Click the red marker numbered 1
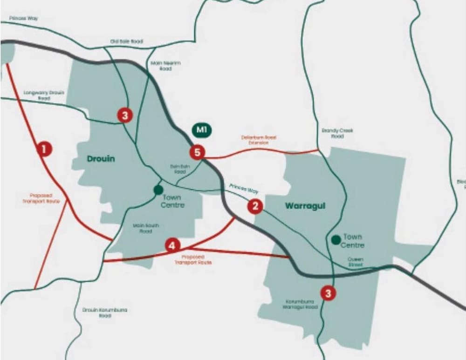click(44, 149)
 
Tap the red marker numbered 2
click(255, 206)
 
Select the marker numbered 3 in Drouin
click(124, 115)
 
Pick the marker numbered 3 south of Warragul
click(329, 293)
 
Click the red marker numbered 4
click(172, 245)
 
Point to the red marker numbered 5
click(198, 152)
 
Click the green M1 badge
click(201, 130)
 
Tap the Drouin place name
click(101, 159)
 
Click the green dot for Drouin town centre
click(158, 190)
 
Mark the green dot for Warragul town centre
click(335, 240)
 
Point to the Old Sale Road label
click(126, 41)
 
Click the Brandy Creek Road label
click(337, 134)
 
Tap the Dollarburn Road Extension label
click(259, 140)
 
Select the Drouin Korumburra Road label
click(105, 312)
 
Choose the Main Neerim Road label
click(165, 66)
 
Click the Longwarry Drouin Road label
click(44, 95)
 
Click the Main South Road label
click(146, 228)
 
